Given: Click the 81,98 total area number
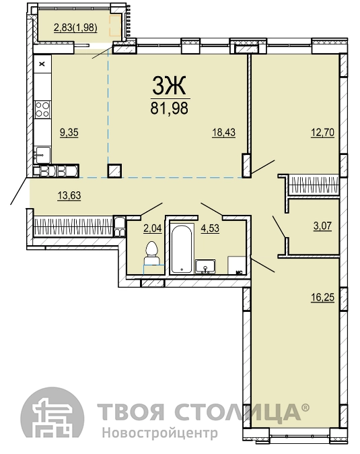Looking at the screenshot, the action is point(169,108).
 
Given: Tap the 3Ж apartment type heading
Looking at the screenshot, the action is point(169,86).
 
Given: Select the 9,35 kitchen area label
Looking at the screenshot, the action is point(69,132).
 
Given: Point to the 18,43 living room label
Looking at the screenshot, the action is point(224,132).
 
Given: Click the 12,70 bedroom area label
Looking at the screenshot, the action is point(323,132).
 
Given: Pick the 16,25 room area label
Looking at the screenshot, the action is point(323,297).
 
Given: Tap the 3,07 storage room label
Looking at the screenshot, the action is point(322,226).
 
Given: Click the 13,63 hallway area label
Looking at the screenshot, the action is point(69,195).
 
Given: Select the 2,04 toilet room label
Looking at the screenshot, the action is point(153,228).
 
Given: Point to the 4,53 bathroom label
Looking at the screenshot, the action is point(210,228).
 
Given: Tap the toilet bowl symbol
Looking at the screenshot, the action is point(151,253).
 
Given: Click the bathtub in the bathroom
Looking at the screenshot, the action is point(182,249).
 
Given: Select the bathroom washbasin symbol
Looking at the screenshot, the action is point(205,267).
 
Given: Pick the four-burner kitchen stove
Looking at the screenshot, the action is point(42,109).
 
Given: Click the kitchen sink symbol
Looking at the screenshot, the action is point(42,155).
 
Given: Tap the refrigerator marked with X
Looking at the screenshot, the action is point(42,64).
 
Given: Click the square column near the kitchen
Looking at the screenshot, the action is point(114,171).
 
